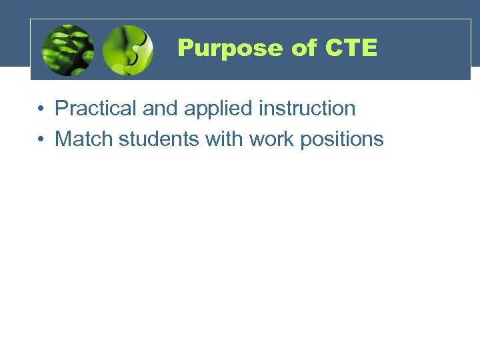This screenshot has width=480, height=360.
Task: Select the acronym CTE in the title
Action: [351, 48]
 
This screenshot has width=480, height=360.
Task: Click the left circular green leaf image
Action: [67, 50]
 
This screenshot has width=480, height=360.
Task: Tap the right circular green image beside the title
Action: [128, 50]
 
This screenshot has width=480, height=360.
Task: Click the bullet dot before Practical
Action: [41, 109]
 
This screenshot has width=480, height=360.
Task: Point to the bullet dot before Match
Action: [41, 139]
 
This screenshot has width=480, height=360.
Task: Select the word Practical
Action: [96, 108]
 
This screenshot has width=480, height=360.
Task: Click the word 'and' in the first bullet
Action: [159, 108]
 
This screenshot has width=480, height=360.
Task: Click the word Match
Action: [84, 139]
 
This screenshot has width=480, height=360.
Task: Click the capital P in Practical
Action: [61, 108]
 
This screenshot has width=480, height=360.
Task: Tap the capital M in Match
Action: [63, 139]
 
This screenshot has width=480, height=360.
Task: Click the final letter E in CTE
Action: [369, 48]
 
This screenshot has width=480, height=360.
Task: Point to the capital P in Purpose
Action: [185, 48]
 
